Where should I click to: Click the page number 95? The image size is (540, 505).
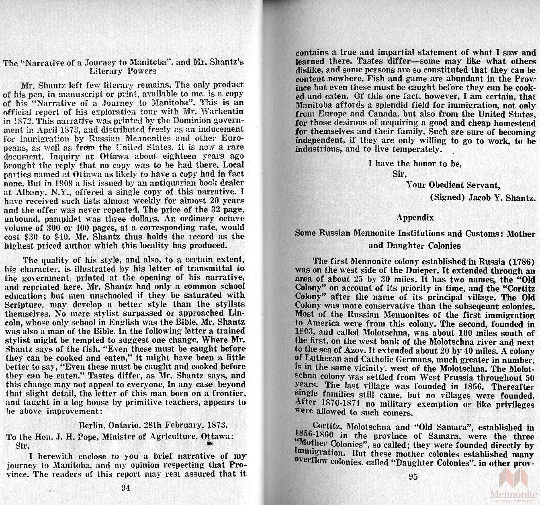(413, 477)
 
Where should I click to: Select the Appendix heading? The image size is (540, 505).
(415, 217)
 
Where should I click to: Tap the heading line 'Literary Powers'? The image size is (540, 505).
(123, 71)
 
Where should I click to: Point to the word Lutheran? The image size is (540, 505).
(324, 360)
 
